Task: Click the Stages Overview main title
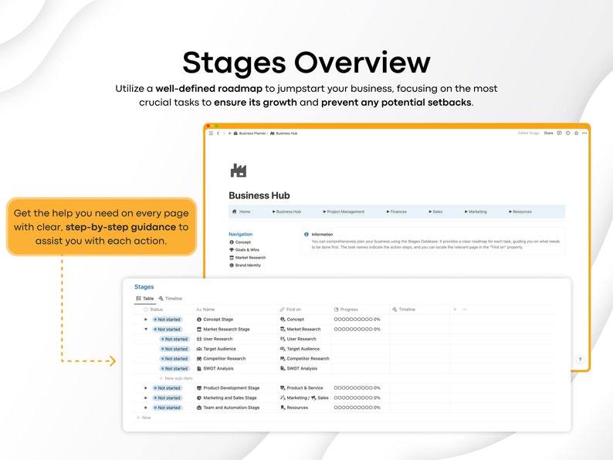(x=306, y=63)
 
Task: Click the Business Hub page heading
(x=259, y=196)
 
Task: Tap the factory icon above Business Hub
(x=238, y=171)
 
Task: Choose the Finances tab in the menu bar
(x=398, y=211)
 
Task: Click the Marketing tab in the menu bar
(x=477, y=211)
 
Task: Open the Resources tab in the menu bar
(x=522, y=211)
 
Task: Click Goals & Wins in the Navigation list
(x=248, y=250)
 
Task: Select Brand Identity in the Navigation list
(x=248, y=266)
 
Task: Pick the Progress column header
(x=348, y=309)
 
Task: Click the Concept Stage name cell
(x=218, y=320)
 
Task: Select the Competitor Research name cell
(x=224, y=359)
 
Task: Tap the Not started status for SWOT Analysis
(x=174, y=369)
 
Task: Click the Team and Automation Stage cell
(x=231, y=408)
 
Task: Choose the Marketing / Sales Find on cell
(x=306, y=398)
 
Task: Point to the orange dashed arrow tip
(x=113, y=360)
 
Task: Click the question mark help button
(x=580, y=360)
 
